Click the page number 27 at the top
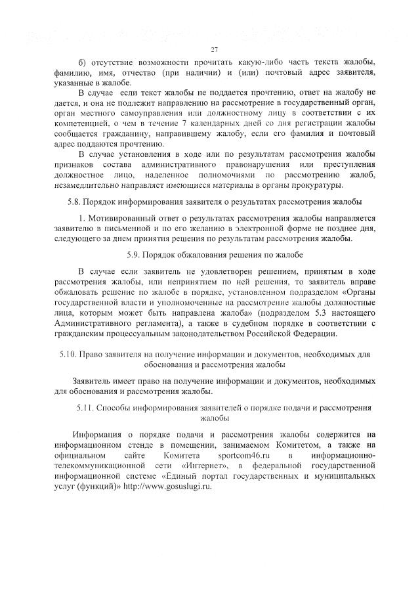click(x=214, y=50)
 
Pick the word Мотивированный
click(x=119, y=217)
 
